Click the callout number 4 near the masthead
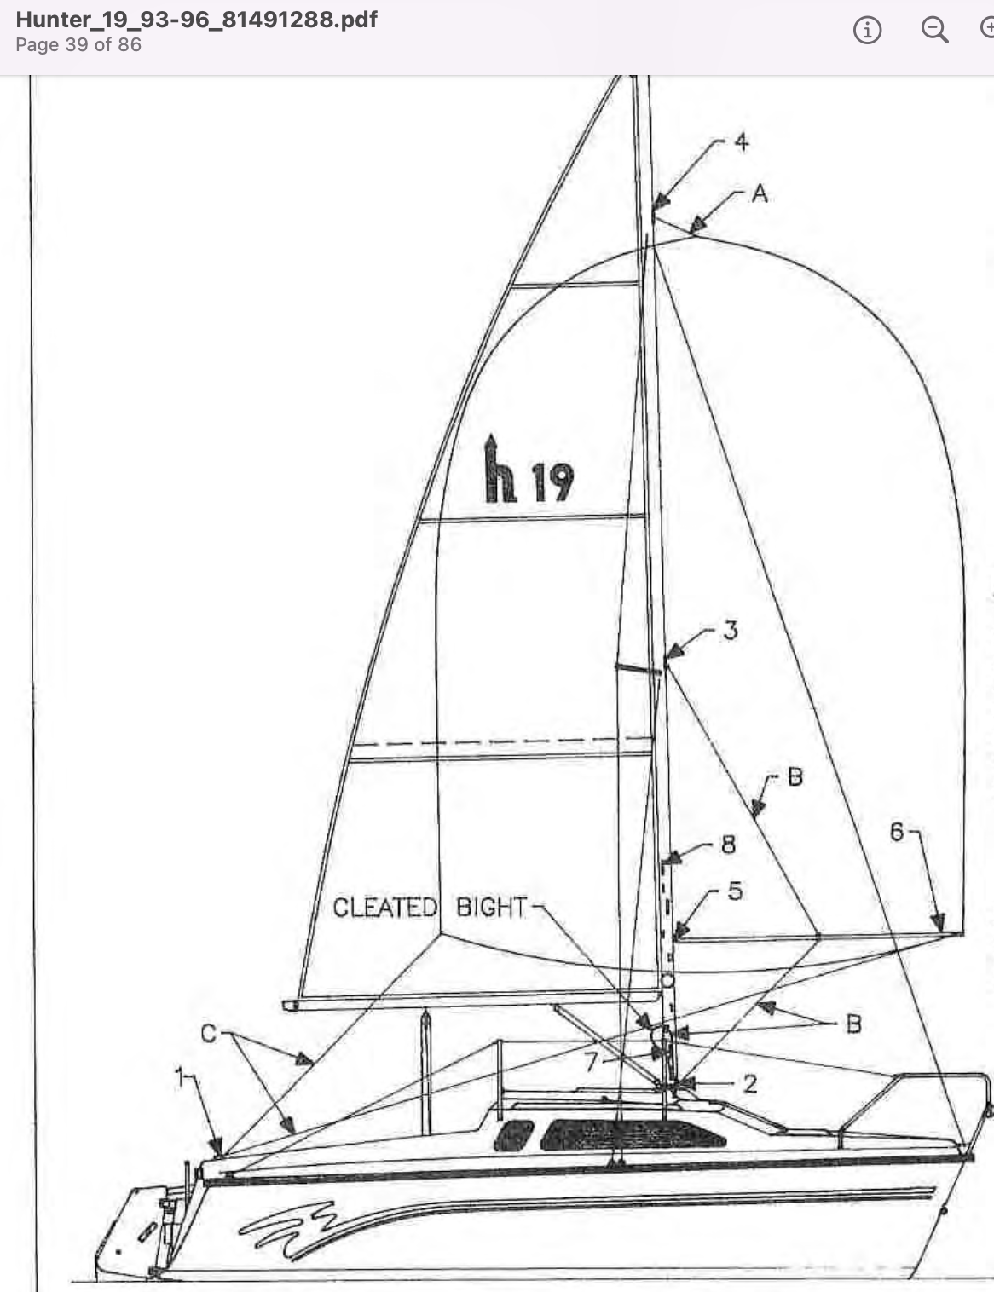click(742, 141)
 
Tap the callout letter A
click(760, 194)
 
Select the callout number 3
click(731, 631)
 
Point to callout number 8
click(728, 845)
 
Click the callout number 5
click(735, 891)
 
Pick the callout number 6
click(897, 832)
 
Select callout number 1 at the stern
click(180, 1078)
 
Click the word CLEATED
click(384, 908)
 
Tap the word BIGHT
click(492, 908)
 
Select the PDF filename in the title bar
click(197, 20)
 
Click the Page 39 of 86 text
click(78, 45)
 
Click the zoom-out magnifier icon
click(935, 31)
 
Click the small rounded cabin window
click(513, 1137)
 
